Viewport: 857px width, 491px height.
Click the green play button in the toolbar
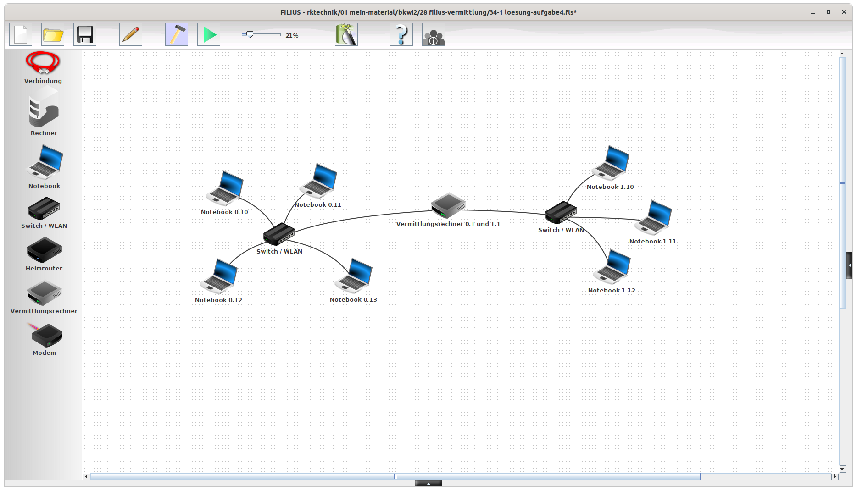coord(209,34)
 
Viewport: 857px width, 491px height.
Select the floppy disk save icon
coord(85,34)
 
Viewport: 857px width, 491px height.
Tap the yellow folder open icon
coord(53,34)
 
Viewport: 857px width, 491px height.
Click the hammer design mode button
coord(177,34)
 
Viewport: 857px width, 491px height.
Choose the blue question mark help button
coord(401,34)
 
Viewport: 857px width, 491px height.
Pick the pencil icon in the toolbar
coord(131,34)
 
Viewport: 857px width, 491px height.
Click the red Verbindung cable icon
coord(43,63)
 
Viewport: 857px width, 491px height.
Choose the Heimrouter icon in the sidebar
coord(44,250)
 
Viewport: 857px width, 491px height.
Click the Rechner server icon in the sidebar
coord(44,110)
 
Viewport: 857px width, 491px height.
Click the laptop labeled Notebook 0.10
coord(225,188)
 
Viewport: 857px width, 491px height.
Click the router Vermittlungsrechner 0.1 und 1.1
coord(448,205)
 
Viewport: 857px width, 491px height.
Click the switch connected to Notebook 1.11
coord(561,212)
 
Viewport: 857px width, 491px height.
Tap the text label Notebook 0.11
coord(318,205)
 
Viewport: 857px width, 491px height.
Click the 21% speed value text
coord(292,35)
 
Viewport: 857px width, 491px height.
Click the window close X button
coord(844,12)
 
